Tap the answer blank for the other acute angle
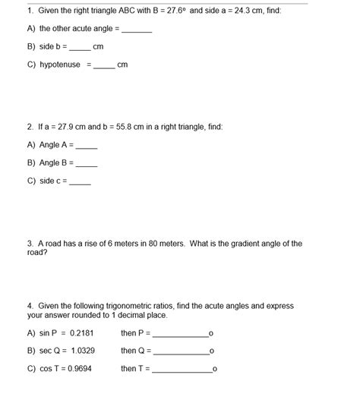(137, 30)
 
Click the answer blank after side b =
(80, 49)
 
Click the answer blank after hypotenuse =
(104, 67)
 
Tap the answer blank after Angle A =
(87, 146)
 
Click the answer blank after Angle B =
(87, 164)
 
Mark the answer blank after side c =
(81, 182)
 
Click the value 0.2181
(82, 333)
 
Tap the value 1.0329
(84, 351)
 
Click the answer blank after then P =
(180, 335)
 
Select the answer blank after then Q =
(182, 353)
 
